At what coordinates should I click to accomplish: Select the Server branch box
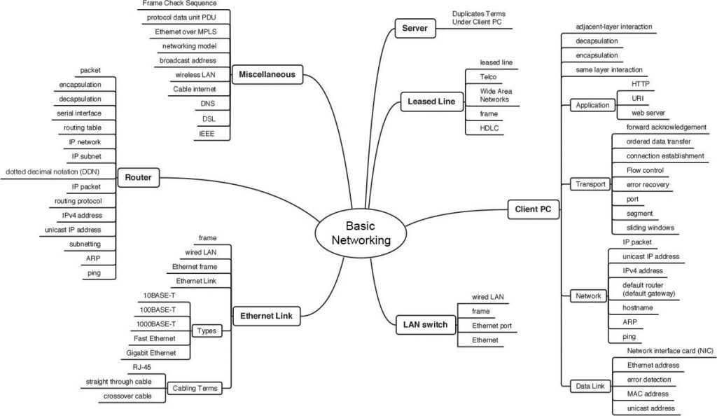[415, 29]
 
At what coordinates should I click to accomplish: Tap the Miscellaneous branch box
[267, 74]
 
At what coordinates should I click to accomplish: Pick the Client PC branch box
[532, 209]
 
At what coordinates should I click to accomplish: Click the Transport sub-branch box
[590, 185]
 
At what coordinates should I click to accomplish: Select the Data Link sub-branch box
[589, 386]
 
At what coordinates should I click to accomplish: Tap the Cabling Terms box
[195, 388]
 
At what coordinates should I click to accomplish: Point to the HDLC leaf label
[489, 128]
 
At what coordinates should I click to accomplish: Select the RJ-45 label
[141, 367]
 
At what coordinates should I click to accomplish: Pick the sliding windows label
[650, 228]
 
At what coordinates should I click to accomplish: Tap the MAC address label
[648, 394]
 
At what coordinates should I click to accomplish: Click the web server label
[647, 112]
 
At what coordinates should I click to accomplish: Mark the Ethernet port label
[492, 326]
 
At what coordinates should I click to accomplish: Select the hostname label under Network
[638, 307]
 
